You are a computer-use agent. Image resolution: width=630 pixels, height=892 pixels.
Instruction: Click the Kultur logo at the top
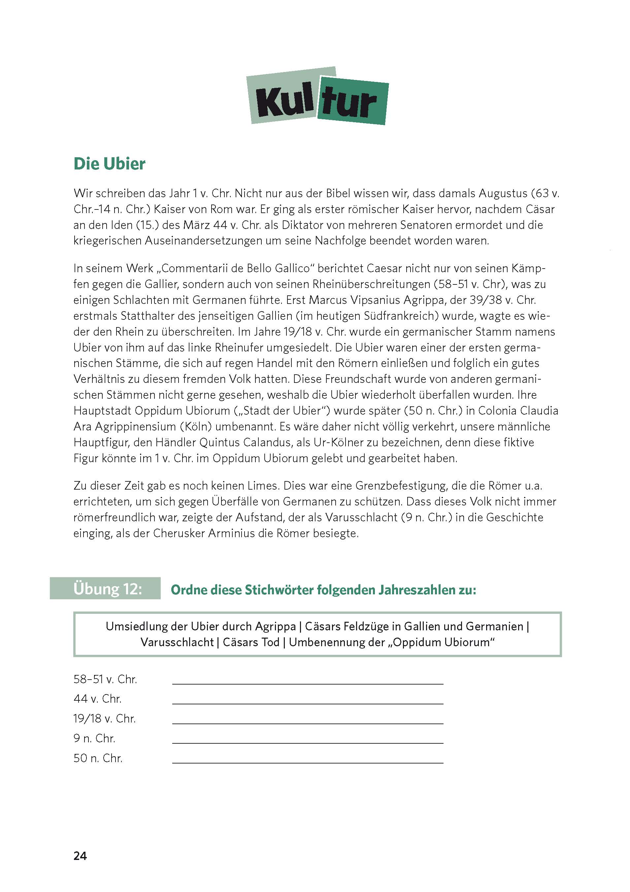(317, 96)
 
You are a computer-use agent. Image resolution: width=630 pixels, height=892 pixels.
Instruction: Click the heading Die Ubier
(110, 164)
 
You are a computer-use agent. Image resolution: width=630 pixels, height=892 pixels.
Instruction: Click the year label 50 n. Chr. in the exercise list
(98, 758)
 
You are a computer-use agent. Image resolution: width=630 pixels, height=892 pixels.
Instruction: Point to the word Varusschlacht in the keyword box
(177, 642)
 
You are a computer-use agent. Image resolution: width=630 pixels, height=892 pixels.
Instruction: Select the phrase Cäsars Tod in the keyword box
(251, 642)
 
